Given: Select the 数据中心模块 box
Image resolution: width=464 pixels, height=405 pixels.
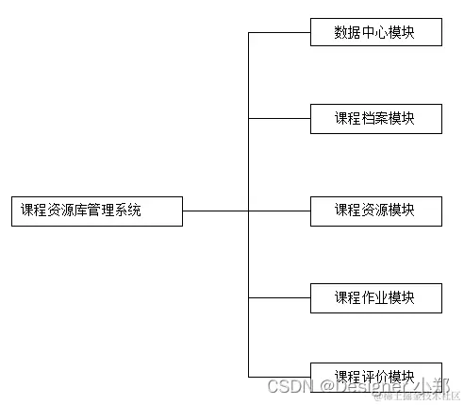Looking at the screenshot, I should click(x=375, y=32).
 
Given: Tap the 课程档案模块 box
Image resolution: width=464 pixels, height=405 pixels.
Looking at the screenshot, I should click(x=375, y=119).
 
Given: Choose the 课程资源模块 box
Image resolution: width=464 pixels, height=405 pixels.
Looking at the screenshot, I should click(x=375, y=211).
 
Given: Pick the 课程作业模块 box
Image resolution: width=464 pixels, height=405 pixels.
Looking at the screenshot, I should click(x=375, y=298).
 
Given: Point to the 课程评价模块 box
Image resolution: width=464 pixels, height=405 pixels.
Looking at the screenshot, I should click(x=375, y=375).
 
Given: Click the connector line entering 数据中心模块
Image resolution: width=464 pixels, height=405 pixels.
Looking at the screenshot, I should click(x=279, y=32).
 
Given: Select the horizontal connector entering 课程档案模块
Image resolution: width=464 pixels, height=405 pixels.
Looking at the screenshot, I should click(x=279, y=119).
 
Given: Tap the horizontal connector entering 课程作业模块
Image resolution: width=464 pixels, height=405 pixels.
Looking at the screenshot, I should click(x=279, y=298).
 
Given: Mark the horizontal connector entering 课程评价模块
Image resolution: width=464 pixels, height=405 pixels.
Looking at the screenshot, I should click(x=279, y=376).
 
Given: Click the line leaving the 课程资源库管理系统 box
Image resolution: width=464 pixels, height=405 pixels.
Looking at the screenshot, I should click(x=215, y=211).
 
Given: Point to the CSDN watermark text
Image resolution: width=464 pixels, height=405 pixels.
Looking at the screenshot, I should click(x=289, y=387).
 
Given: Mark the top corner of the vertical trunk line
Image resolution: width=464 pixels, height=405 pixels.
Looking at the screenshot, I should click(x=249, y=32).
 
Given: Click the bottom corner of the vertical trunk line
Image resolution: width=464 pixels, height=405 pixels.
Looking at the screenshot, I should click(x=249, y=376).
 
